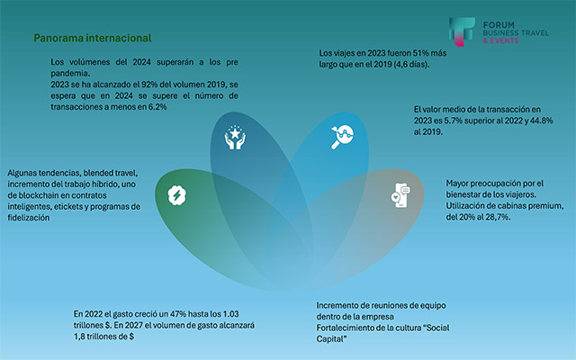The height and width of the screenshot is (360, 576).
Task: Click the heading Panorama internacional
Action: pyautogui.click(x=92, y=39)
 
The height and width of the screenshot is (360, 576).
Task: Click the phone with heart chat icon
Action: pyautogui.click(x=400, y=194)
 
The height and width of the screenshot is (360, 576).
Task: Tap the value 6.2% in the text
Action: pyautogui.click(x=154, y=106)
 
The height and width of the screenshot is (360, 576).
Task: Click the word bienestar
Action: pyautogui.click(x=472, y=194)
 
